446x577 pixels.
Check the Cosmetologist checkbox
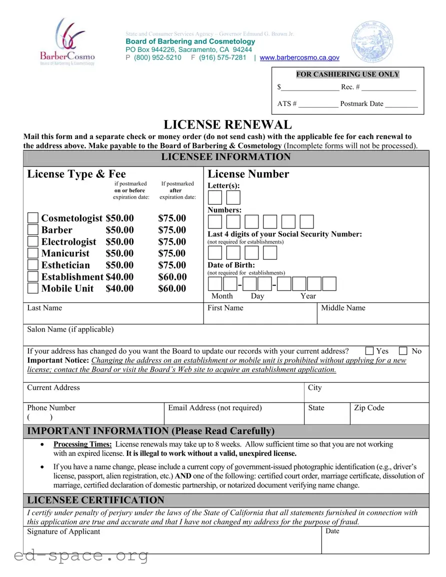(x=32, y=218)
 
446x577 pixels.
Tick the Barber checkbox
(x=32, y=230)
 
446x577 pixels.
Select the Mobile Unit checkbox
(x=32, y=288)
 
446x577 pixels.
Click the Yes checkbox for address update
(x=369, y=351)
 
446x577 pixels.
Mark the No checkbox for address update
(x=403, y=351)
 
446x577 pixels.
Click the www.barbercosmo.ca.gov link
(x=299, y=57)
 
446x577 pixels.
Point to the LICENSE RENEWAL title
(x=227, y=124)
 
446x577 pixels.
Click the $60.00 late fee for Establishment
(x=172, y=276)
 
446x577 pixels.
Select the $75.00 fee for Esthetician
(x=172, y=265)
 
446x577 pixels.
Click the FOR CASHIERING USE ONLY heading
(x=347, y=74)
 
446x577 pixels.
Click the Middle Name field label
(x=343, y=308)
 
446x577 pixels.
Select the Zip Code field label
(x=369, y=408)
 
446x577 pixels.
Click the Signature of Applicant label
(x=63, y=531)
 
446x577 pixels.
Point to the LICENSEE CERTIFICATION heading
(x=95, y=500)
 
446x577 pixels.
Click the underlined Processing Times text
(x=82, y=444)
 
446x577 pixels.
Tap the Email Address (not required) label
(x=214, y=408)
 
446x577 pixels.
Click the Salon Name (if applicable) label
(x=70, y=329)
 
